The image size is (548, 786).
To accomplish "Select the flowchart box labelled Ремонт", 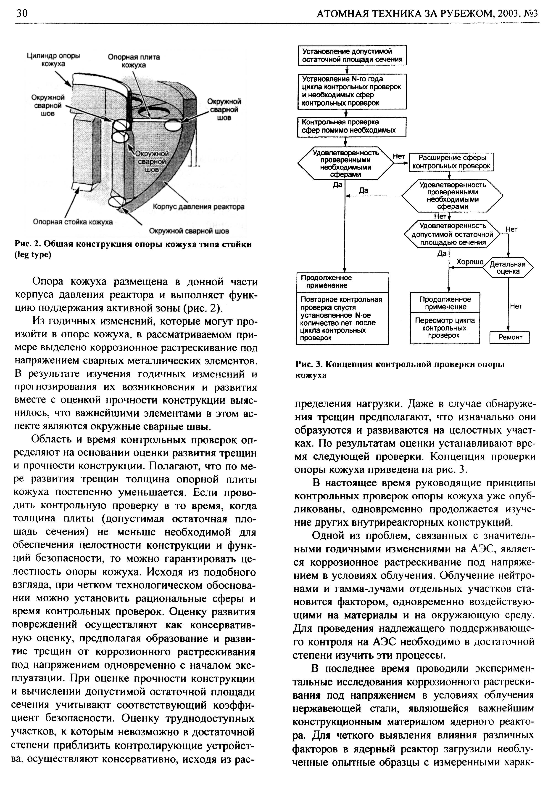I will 510,337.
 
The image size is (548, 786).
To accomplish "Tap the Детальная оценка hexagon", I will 508,268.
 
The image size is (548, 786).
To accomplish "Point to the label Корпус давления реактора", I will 198,207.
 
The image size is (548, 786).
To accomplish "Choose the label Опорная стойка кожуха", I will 73,222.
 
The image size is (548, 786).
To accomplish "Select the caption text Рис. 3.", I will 309,364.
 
